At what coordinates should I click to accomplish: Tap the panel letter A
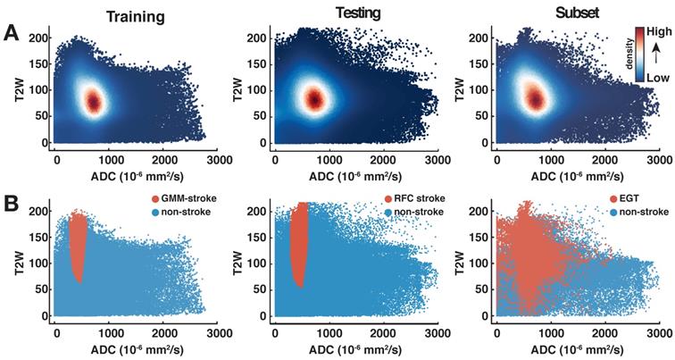click(12, 34)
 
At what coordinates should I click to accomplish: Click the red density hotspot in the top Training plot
click(94, 101)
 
